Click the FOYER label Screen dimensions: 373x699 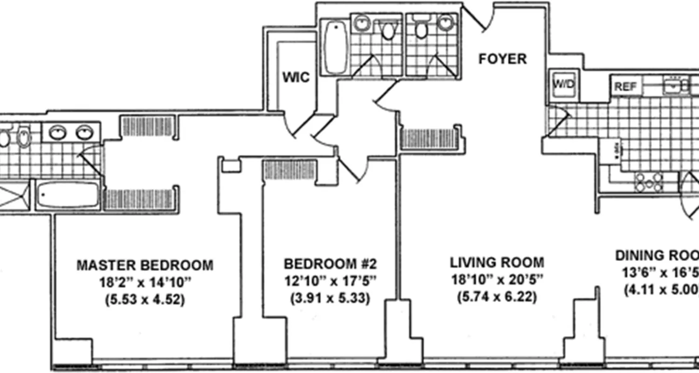click(503, 59)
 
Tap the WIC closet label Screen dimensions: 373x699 click(295, 77)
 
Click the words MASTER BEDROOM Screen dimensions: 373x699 click(145, 265)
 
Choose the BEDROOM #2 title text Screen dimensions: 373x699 click(330, 264)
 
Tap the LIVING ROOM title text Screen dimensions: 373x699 click(497, 262)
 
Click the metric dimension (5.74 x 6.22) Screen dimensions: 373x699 click(497, 297)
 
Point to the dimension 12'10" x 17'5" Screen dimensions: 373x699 click(330, 281)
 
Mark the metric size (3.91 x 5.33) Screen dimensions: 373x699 click(330, 298)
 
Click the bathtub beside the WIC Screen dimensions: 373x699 click(335, 47)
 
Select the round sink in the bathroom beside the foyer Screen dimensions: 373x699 click(446, 22)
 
